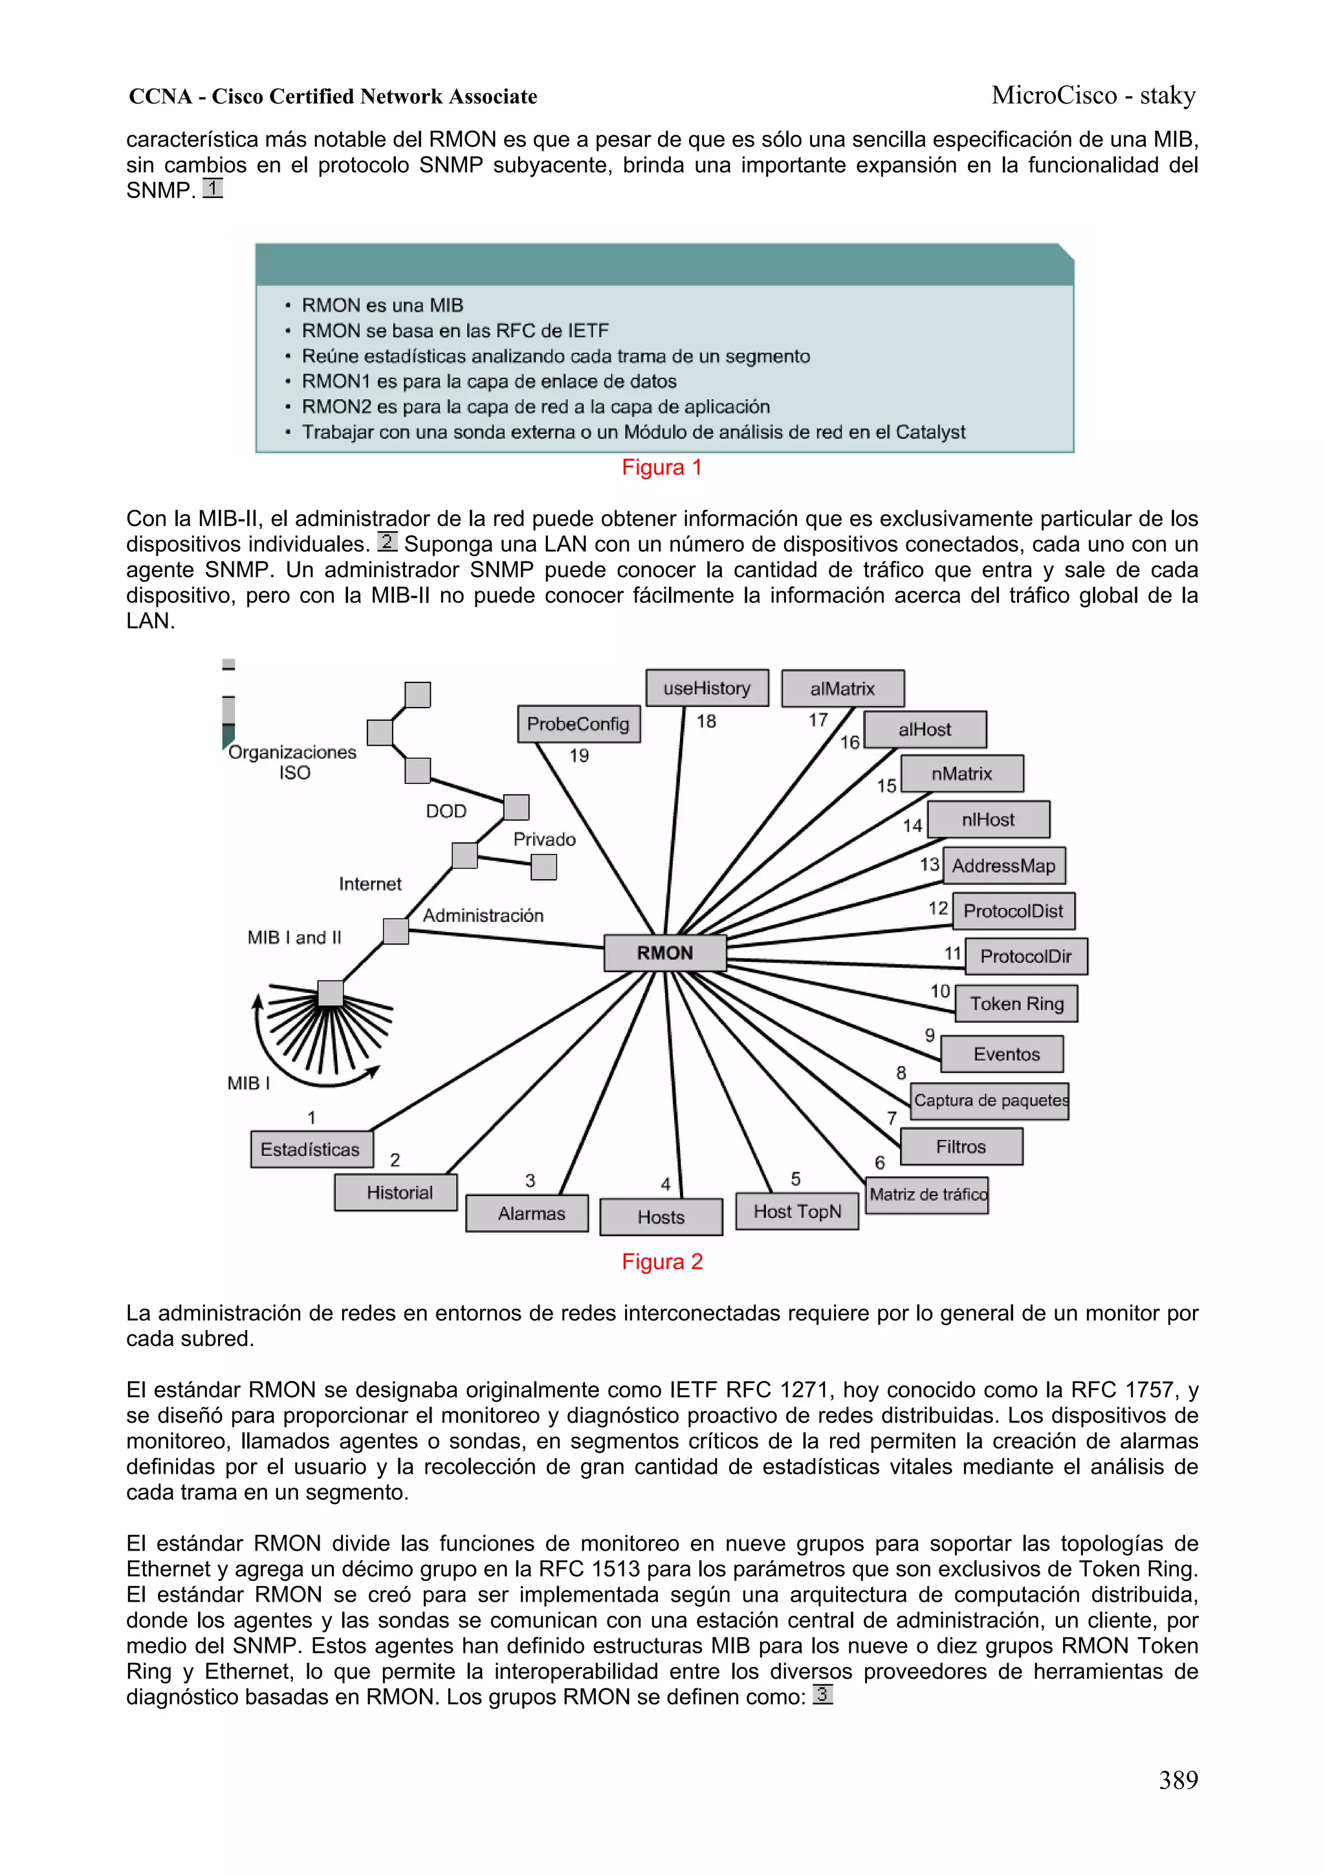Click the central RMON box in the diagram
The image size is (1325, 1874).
(x=664, y=952)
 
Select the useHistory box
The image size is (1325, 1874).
(x=706, y=688)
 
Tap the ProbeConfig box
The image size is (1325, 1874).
(x=578, y=724)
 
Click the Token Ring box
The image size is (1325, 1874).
(x=1016, y=1003)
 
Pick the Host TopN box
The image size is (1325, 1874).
(x=797, y=1211)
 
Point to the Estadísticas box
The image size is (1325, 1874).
(x=311, y=1149)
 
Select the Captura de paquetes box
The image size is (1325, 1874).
(x=989, y=1100)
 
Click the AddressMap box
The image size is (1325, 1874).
(x=1003, y=865)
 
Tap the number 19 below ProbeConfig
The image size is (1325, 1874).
(x=579, y=756)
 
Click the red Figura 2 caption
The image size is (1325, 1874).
(x=662, y=1262)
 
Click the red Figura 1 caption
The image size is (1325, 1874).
(x=662, y=468)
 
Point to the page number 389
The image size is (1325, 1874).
(x=1178, y=1780)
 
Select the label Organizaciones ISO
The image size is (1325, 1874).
(x=292, y=761)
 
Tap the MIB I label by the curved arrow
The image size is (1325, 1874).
(x=248, y=1083)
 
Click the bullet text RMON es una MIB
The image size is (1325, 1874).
(x=382, y=305)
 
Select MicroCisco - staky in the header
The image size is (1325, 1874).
(x=1093, y=96)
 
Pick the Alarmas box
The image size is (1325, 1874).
(x=531, y=1214)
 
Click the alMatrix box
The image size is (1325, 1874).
(x=842, y=688)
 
